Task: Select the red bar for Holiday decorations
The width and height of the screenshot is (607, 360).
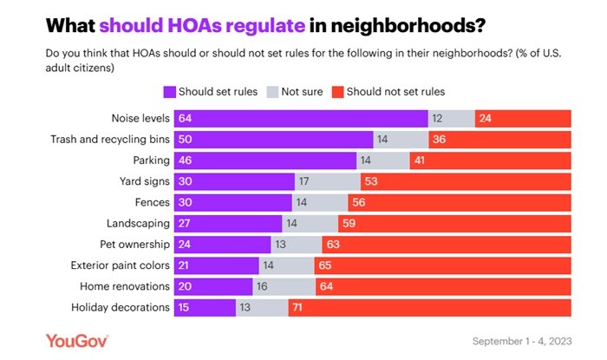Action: [x=430, y=307]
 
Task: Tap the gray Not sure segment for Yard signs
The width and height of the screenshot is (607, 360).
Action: [x=328, y=181]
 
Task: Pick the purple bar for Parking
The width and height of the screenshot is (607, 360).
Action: [x=265, y=160]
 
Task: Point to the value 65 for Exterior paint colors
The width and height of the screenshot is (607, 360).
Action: [x=324, y=265]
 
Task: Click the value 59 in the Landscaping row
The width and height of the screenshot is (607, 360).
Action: [x=349, y=224]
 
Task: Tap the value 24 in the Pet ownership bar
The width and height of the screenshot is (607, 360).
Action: [x=185, y=245]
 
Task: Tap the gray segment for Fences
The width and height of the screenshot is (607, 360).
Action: [x=320, y=202]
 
